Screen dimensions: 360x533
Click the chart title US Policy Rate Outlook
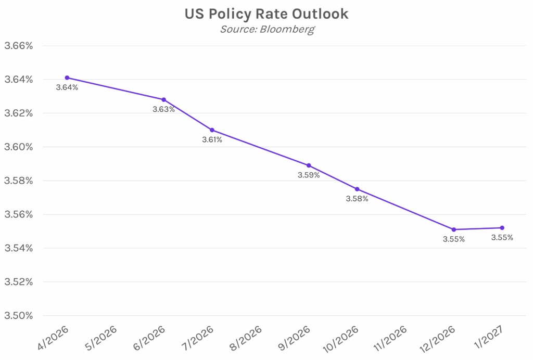[266, 14]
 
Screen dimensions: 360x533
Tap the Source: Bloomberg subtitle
[266, 29]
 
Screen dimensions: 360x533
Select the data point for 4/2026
[67, 78]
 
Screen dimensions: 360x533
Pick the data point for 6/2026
[164, 99]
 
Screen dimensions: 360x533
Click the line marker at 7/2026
[212, 130]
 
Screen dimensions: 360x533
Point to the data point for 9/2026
[309, 165]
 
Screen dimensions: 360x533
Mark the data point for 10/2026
[357, 189]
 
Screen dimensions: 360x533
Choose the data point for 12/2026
[454, 229]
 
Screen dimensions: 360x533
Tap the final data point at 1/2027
[502, 227]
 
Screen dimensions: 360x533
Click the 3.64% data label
[67, 87]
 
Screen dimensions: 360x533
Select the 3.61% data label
[212, 140]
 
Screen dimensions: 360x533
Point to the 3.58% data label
[357, 199]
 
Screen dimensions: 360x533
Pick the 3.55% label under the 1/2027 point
[502, 238]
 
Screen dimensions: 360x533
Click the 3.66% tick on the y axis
[19, 46]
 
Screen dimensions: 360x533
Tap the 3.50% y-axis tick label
[19, 316]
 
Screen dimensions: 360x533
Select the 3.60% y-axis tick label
[19, 147]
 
